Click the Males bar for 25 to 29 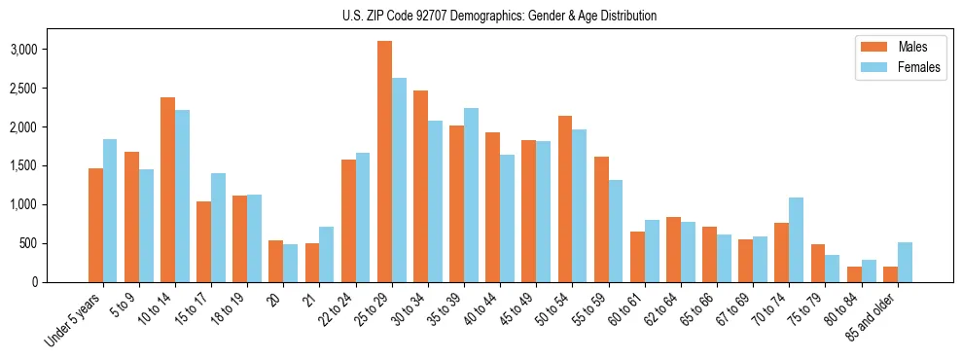(x=384, y=162)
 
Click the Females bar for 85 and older (x=905, y=263)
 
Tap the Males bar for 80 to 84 (x=854, y=274)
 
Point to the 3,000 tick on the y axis (x=53, y=50)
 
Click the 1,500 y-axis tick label (x=53, y=166)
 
